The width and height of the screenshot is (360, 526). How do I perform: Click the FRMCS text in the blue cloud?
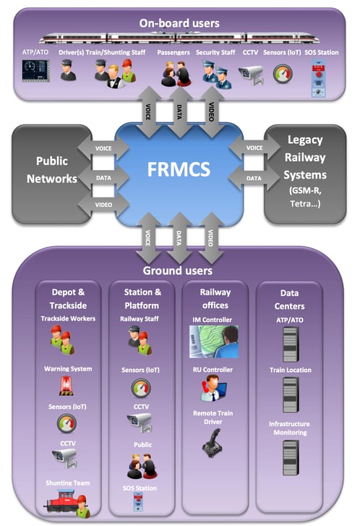pos(179,169)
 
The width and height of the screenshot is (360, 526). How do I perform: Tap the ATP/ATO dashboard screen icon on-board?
pos(35,70)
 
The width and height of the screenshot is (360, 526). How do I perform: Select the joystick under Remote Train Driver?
pos(213,444)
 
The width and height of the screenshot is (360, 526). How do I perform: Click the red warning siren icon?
pos(67,386)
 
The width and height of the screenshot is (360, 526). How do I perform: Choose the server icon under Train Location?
pos(291,394)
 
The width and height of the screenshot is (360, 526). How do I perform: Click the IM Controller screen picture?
pos(214,342)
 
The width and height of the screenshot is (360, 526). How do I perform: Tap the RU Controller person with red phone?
pos(213,388)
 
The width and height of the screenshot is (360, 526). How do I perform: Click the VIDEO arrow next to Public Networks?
pos(103,205)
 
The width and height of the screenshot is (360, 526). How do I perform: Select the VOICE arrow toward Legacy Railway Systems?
pos(254,148)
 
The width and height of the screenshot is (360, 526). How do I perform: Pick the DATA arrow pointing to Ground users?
pos(179,237)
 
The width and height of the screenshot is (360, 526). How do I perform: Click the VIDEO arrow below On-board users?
pos(211,111)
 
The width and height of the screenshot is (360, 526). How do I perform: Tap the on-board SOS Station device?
pos(318,78)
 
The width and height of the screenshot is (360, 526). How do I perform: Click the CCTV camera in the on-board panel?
pos(251,75)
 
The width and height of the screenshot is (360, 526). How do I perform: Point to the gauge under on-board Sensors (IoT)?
pos(283,74)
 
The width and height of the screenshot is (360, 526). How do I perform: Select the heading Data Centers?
pos(289,300)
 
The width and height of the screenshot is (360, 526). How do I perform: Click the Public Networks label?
pos(52,170)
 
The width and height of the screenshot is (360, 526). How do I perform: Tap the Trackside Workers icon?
pos(62,339)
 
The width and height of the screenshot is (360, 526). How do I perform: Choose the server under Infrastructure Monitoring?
pos(291,457)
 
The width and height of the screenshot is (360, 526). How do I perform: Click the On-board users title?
pos(179,23)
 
